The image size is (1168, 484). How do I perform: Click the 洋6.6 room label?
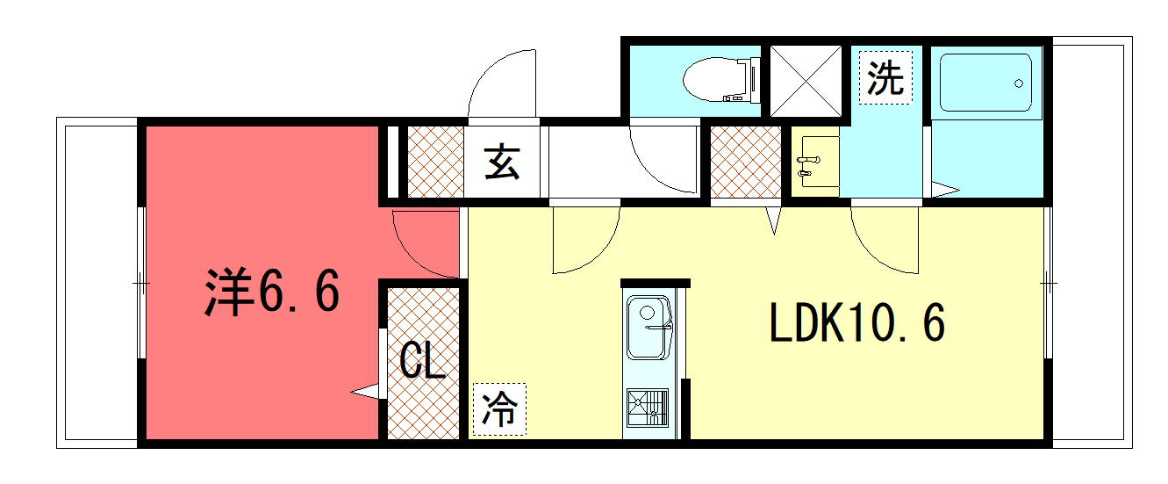coord(272,292)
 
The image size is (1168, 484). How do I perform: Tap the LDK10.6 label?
coord(856,323)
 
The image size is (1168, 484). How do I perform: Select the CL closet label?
coord(422,360)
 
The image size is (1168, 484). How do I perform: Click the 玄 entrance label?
coord(502,163)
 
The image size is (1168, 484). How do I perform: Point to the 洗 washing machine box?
coord(885,78)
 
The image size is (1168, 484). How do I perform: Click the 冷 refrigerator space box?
coord(499,409)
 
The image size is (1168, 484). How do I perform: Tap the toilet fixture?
coord(721,79)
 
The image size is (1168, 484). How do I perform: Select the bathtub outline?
coord(985,83)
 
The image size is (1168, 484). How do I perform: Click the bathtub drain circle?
coord(1018,83)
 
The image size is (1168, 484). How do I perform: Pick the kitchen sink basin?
coord(648,328)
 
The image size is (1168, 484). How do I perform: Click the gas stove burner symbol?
coord(648,408)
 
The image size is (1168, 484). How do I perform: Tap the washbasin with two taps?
coord(815,162)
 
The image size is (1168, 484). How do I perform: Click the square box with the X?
coord(806,81)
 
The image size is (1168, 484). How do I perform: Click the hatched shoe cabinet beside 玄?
coord(435,162)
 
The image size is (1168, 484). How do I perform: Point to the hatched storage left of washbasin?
coord(746,162)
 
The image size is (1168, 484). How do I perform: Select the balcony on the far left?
coord(97,283)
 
